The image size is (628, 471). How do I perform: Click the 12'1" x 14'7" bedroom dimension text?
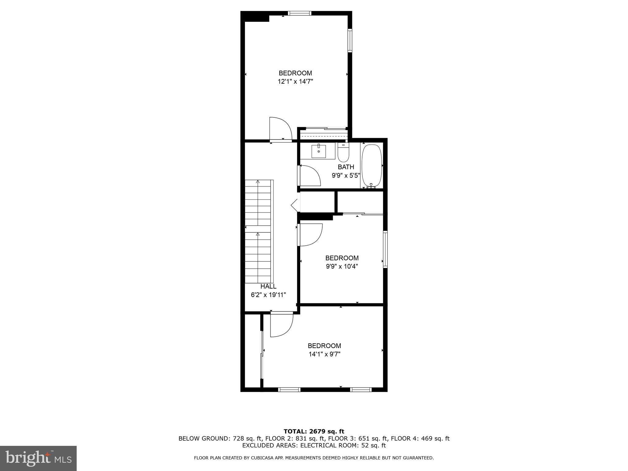(295, 82)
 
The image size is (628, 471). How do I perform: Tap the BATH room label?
(346, 167)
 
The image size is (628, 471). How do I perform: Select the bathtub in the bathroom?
(372, 166)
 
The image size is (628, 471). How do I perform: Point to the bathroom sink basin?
(319, 151)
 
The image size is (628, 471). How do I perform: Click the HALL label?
(268, 286)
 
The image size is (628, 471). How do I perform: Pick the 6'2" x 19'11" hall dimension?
(268, 295)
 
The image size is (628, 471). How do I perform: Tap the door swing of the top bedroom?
(280, 129)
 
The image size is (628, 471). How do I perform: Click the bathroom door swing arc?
(310, 176)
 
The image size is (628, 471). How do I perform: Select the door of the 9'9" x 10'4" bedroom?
(310, 235)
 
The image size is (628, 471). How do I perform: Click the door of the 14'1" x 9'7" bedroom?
(281, 325)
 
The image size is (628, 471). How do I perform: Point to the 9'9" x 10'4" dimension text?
(342, 266)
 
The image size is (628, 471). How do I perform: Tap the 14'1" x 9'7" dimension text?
(324, 354)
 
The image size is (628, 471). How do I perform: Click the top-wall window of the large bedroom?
(300, 13)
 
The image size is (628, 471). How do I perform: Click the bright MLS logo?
(38, 458)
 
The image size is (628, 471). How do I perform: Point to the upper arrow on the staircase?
(258, 182)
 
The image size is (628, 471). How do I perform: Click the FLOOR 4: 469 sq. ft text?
(420, 438)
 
